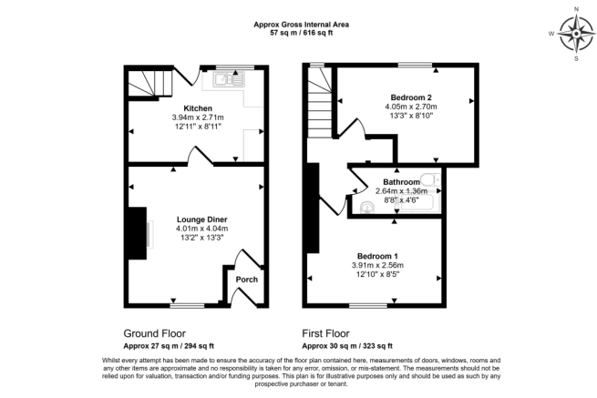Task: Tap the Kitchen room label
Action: [x=198, y=107]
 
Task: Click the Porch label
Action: [x=246, y=279]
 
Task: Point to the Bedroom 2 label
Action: [x=410, y=97]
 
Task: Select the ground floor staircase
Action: [x=148, y=84]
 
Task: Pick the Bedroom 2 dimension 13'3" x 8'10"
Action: [x=410, y=117]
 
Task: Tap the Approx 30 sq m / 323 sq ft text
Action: [x=347, y=346]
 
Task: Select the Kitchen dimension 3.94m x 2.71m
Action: [x=198, y=117]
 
